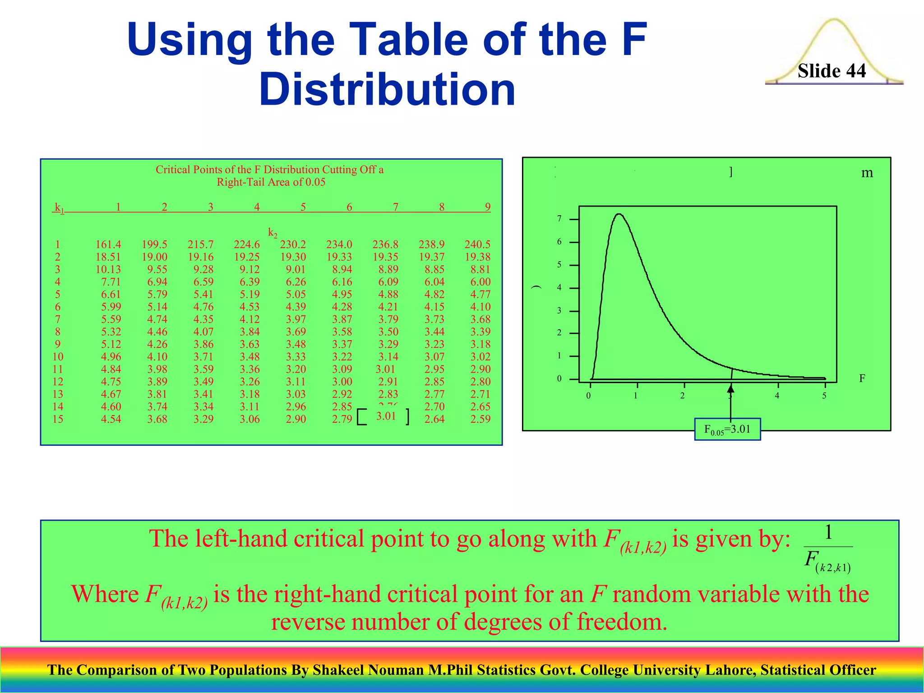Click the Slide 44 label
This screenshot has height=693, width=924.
point(832,71)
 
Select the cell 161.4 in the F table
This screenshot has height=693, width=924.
point(108,245)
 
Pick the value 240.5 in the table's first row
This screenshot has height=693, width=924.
point(477,245)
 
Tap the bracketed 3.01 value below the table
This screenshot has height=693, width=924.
point(386,416)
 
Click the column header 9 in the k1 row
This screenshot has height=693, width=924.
point(487,207)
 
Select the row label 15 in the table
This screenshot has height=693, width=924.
point(58,419)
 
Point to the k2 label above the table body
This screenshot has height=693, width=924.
point(273,232)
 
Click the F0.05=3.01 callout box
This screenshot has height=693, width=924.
point(727,429)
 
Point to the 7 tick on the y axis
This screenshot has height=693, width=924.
point(559,219)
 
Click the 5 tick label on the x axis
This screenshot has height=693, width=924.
point(824,396)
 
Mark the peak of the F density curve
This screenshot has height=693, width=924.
point(619,214)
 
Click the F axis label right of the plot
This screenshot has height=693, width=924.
point(862,378)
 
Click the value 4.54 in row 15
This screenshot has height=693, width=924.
point(111,419)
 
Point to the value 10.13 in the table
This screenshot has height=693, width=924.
point(108,269)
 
